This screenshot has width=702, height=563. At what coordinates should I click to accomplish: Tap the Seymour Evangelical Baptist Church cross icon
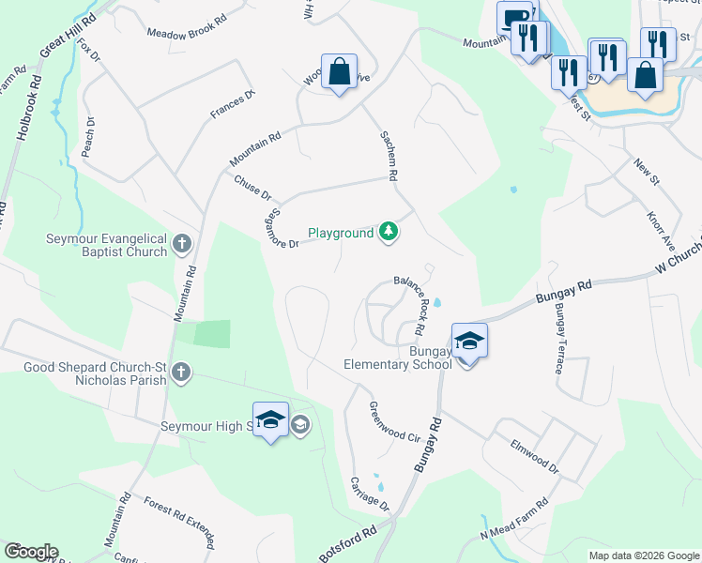(x=182, y=246)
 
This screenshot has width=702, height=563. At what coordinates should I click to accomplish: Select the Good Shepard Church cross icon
(x=181, y=373)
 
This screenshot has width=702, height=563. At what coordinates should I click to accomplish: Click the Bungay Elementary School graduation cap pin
(x=468, y=342)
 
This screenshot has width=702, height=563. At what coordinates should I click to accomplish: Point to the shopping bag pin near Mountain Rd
(x=339, y=72)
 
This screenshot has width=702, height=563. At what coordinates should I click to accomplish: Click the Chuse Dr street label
(x=252, y=189)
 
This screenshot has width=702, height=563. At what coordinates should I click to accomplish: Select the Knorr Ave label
(x=661, y=229)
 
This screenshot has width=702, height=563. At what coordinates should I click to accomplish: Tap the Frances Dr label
(x=234, y=104)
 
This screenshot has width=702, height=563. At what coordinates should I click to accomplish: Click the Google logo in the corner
(x=31, y=552)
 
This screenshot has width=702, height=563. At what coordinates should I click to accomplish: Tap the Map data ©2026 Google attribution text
(x=643, y=555)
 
